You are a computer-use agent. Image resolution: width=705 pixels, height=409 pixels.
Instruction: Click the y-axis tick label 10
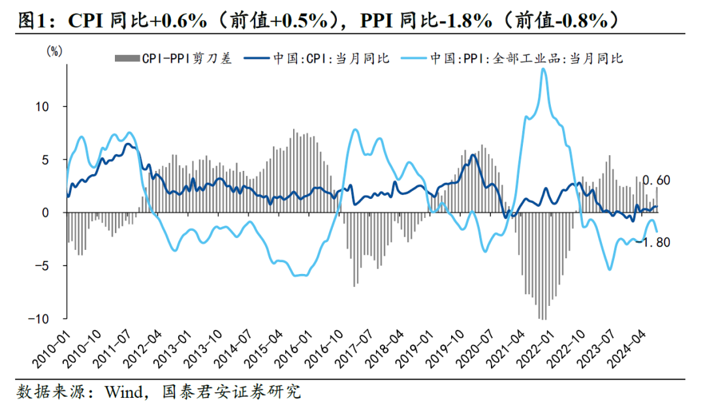coord(42,106)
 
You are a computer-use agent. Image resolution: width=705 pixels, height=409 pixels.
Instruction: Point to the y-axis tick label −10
coord(39,319)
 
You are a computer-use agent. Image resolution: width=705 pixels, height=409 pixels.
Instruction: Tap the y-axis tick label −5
coord(41,265)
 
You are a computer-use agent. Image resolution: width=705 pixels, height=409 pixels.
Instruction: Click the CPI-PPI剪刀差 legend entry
coord(173,59)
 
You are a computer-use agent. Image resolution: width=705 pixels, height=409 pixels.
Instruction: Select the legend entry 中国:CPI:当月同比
coord(317,59)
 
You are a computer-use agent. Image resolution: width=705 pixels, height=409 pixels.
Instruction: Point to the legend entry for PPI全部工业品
coord(512,59)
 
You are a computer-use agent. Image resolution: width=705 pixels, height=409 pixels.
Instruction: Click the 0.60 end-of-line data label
coord(657,180)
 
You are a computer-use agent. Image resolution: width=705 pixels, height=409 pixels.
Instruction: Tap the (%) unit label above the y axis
coord(54,52)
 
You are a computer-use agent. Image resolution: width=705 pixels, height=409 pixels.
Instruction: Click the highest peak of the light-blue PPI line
coord(544,68)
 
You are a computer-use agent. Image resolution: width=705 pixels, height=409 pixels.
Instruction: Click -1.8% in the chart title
coord(466,21)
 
